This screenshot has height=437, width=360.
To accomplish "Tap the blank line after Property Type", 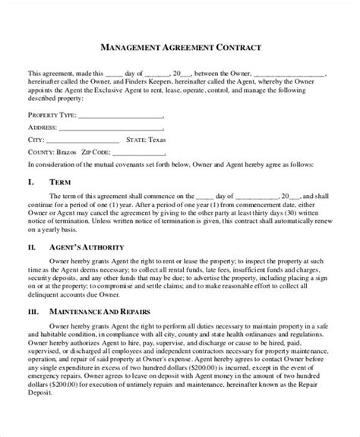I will pyautogui.click(x=121, y=118).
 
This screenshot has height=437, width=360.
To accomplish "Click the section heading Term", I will pyautogui.click(x=60, y=183).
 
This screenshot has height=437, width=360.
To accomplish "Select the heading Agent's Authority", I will pyautogui.click(x=86, y=247).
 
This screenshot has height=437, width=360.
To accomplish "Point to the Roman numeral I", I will pyautogui.click(x=30, y=183).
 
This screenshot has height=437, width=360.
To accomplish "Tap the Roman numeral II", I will pyautogui.click(x=31, y=247).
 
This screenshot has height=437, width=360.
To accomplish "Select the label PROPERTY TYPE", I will pyautogui.click(x=52, y=118).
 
